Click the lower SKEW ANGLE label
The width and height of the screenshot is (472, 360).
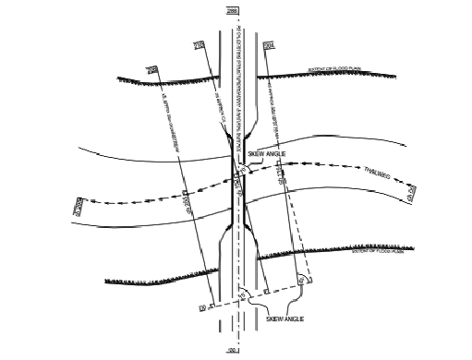click(284, 318)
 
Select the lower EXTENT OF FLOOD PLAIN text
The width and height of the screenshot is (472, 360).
click(376, 249)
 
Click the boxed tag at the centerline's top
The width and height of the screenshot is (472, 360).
click(231, 10)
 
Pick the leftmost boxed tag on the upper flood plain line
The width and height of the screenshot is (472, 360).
click(153, 68)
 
